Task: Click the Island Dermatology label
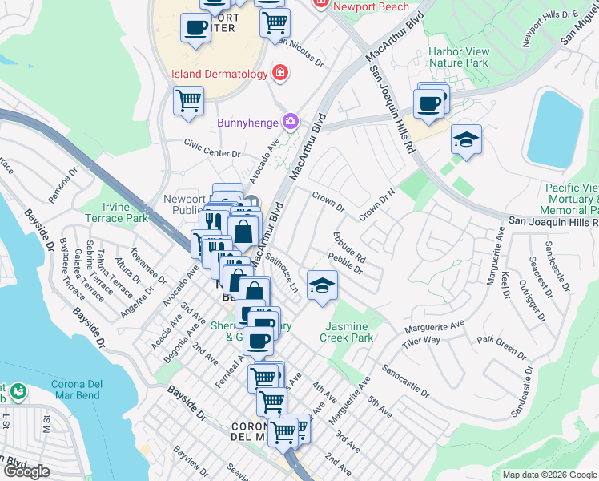tap(219, 75)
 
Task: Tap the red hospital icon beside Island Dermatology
tap(280, 74)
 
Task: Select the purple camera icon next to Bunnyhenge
tap(290, 122)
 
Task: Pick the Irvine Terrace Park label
tap(126, 212)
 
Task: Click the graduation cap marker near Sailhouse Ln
tap(321, 286)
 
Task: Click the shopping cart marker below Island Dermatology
tap(188, 101)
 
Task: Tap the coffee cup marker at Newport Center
tap(195, 29)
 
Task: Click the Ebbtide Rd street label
tap(348, 248)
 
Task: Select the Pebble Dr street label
tap(345, 263)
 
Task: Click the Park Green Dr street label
tap(501, 345)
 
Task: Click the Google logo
tap(26, 471)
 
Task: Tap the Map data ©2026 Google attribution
tap(549, 475)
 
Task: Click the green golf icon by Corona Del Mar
tap(17, 392)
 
